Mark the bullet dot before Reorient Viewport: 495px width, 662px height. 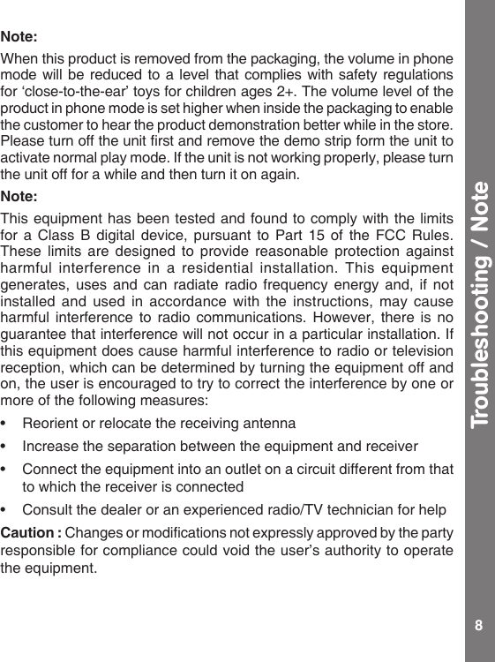point(7,424)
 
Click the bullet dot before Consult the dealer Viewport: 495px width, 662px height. point(7,509)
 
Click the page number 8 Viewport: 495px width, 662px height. point(478,626)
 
